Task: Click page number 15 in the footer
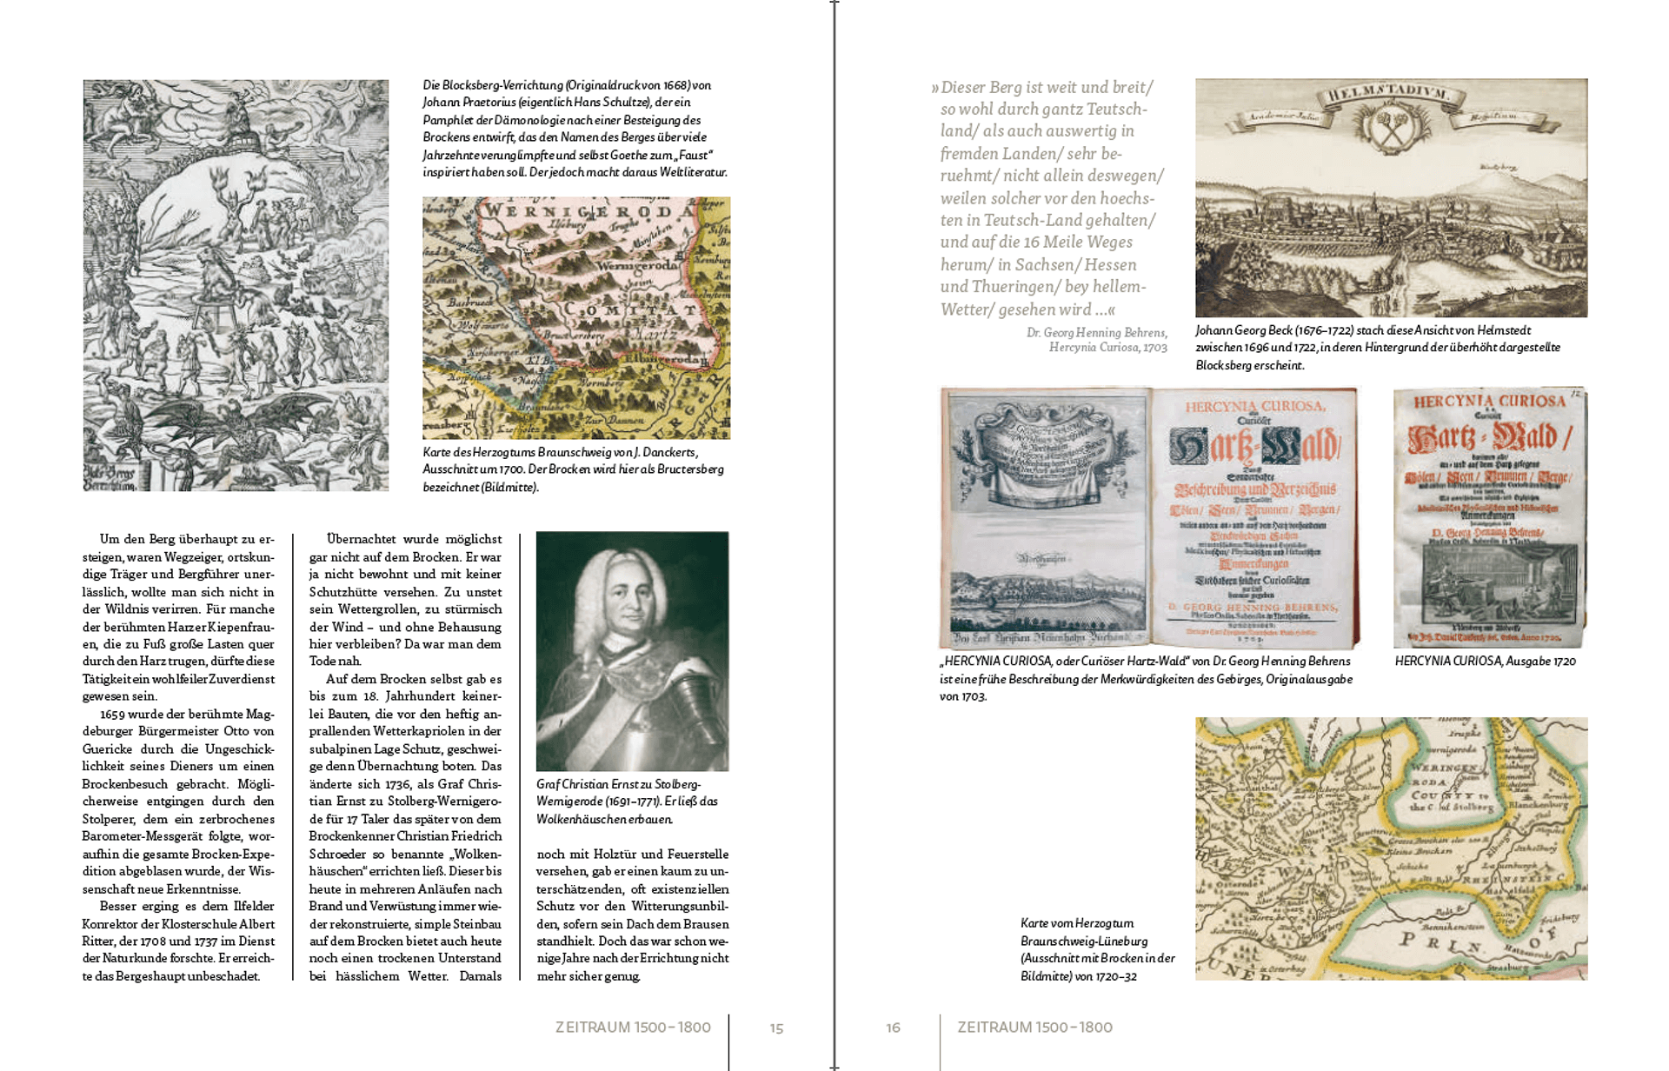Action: pos(776,1028)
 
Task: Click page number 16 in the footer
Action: pos(893,1028)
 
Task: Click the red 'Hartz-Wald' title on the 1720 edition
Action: pos(1491,440)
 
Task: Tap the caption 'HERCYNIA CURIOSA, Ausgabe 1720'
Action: pos(1485,662)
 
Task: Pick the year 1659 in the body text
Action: pos(115,714)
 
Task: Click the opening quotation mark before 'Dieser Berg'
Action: pos(935,88)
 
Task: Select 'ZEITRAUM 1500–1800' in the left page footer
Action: pos(633,1028)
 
